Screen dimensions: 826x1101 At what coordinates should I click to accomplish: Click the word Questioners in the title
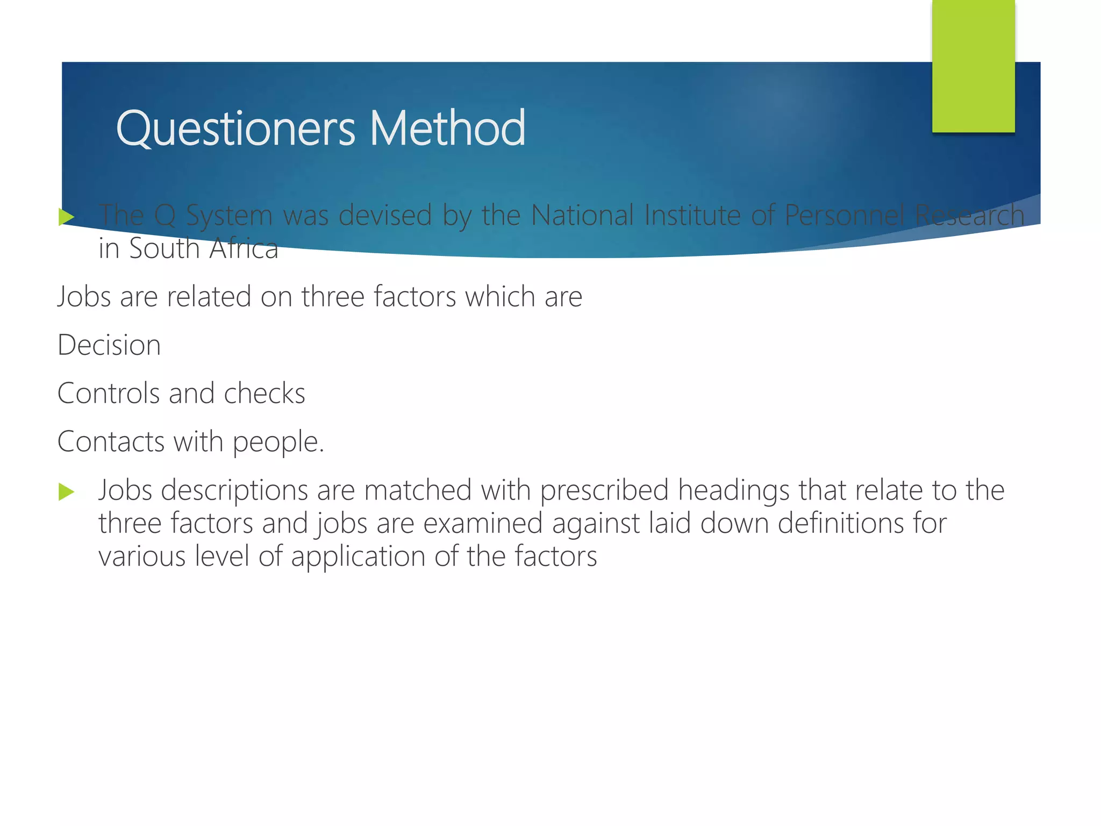[x=235, y=129]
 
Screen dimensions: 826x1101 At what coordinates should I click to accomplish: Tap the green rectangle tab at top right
[x=973, y=66]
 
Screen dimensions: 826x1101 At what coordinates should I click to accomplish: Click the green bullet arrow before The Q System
[x=66, y=217]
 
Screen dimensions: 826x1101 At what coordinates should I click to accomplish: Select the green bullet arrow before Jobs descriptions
[x=66, y=492]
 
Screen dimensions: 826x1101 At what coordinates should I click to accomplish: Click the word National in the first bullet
[x=583, y=215]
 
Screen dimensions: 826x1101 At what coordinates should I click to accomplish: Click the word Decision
[x=109, y=345]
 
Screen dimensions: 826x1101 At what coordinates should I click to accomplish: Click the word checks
[x=264, y=393]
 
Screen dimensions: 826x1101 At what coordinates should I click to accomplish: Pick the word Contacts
[x=111, y=442]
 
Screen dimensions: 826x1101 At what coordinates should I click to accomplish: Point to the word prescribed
[x=604, y=491]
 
